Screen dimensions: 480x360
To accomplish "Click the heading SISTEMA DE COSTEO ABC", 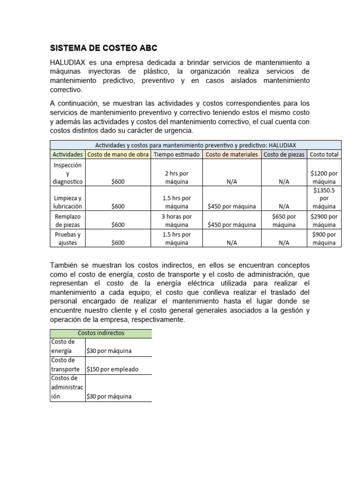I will point(104,48).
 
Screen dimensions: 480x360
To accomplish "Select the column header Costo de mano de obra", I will point(118,154).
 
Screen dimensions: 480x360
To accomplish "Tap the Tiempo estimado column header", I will point(176,154).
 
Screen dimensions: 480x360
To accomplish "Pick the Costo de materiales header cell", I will point(232,154).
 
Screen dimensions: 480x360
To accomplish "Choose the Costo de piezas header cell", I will point(284,154).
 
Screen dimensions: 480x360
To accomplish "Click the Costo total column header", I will point(324,154).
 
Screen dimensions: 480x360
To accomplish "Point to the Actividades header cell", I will point(67,154).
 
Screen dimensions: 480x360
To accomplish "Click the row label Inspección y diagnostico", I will point(67,173).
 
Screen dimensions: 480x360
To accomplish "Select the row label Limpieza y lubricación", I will point(67,202).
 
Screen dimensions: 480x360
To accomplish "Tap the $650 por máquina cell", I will point(284,220).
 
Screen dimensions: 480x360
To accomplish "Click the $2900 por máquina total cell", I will point(324,220).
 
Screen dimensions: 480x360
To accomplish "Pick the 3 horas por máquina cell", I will point(176,220).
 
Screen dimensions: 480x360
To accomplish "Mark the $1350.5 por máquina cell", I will point(324,198).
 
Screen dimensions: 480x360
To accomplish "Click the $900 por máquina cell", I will point(324,239).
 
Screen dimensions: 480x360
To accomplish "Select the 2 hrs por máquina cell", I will point(176,177).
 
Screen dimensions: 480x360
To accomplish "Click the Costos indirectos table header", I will point(101,333).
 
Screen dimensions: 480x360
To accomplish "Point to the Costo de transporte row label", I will point(67,365).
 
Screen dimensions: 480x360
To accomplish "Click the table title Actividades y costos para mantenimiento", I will point(195,145).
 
